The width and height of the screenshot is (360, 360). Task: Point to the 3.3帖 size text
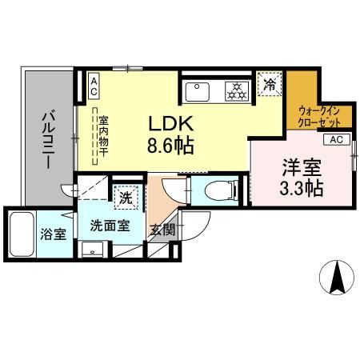point(302,190)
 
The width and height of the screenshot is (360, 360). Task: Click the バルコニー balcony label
point(46,138)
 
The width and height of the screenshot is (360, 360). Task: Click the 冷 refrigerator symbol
point(269,82)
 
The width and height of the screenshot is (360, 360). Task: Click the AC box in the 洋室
point(335,139)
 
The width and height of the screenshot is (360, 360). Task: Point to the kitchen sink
point(200,91)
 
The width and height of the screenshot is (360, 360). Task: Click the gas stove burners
point(238,91)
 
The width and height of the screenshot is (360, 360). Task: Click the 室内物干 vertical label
point(103,138)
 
